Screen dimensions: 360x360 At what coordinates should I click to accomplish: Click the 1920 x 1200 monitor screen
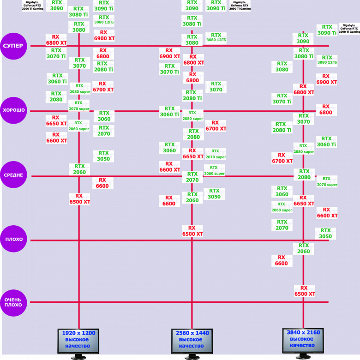(78, 339)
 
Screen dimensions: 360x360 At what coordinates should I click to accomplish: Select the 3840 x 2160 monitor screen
(303, 339)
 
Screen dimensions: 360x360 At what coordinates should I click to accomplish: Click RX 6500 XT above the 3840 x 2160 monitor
(304, 291)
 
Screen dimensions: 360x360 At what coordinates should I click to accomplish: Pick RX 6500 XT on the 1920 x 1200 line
(79, 198)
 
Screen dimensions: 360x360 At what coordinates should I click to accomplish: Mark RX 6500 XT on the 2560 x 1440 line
(192, 231)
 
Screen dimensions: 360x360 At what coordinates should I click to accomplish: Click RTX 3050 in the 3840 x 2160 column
(325, 233)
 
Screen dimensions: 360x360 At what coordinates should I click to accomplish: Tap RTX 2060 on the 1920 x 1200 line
(79, 169)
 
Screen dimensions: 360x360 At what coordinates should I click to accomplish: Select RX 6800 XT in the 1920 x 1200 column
(56, 39)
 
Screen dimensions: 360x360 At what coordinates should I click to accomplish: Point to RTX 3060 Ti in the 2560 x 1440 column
(169, 112)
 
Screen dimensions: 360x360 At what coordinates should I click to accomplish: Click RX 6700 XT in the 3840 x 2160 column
(282, 158)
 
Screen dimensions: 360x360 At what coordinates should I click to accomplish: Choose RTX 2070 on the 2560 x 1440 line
(192, 177)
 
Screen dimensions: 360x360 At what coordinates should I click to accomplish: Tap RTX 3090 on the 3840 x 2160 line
(303, 38)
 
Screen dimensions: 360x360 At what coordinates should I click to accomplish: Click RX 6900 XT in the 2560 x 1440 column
(169, 53)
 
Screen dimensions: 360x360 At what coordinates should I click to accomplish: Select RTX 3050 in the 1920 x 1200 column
(103, 156)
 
